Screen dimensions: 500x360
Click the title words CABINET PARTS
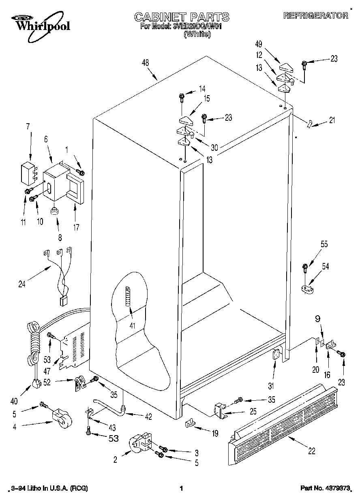coord(182,17)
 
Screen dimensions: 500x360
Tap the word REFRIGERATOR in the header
coord(315,16)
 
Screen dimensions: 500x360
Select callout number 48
coord(145,63)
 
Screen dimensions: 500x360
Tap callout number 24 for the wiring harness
coord(21,284)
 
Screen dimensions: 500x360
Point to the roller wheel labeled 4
coord(61,417)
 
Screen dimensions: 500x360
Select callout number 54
coord(326,266)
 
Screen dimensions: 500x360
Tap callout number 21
coord(332,120)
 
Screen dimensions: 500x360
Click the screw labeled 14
coord(182,96)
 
